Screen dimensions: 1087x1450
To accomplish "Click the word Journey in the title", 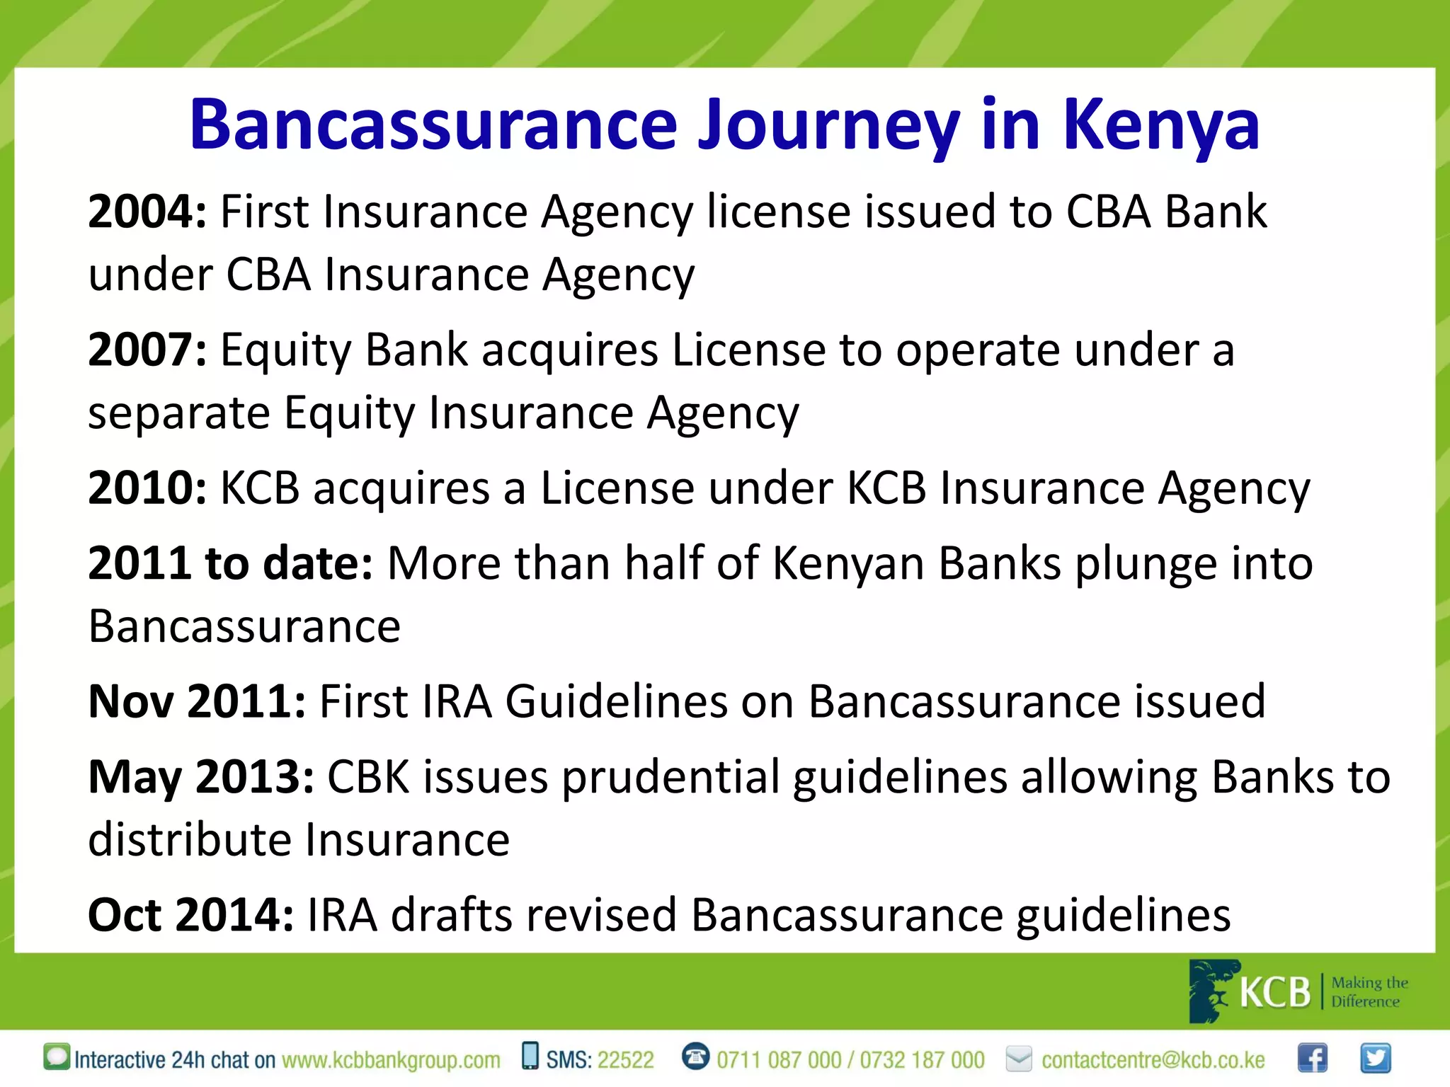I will click(828, 126).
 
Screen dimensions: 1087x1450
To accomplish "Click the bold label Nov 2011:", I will click(197, 702).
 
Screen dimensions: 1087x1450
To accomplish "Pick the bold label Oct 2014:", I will click(190, 915).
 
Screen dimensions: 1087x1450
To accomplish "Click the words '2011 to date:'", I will click(230, 564).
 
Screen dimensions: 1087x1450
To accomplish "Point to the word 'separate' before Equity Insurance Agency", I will click(178, 413).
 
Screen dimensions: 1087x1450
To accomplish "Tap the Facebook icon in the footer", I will click(1312, 1059).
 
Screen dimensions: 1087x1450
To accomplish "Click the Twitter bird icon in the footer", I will click(1375, 1059).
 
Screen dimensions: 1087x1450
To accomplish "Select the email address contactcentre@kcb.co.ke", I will click(1153, 1060).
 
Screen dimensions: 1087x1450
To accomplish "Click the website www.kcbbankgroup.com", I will click(391, 1060).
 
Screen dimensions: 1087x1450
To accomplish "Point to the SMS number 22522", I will click(626, 1060).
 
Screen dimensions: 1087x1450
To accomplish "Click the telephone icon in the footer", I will click(695, 1057).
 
